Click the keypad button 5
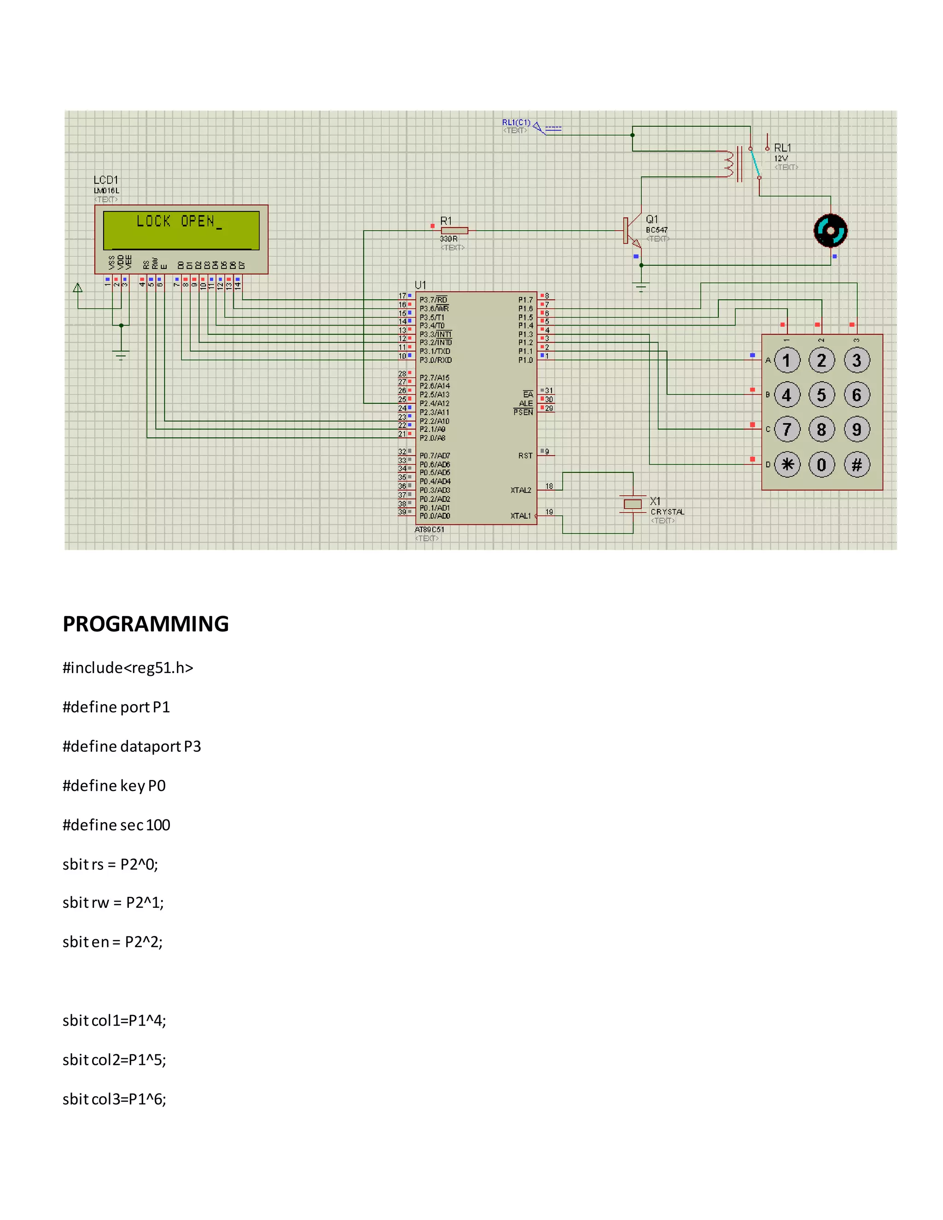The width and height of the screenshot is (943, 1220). pyautogui.click(x=821, y=395)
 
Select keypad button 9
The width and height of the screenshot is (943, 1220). pyautogui.click(x=856, y=430)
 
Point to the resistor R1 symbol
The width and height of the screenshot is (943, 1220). pyautogui.click(x=454, y=231)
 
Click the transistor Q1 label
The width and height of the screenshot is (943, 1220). pyautogui.click(x=652, y=220)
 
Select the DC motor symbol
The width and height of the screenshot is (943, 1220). pyautogui.click(x=830, y=231)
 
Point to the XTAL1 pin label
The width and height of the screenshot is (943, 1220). pyautogui.click(x=521, y=516)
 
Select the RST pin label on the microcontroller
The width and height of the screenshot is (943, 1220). pyautogui.click(x=525, y=456)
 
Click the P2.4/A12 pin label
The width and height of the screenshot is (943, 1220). pyautogui.click(x=435, y=403)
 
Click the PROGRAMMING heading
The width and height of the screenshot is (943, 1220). pyautogui.click(x=146, y=624)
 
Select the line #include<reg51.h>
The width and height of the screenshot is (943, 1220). pyautogui.click(x=128, y=668)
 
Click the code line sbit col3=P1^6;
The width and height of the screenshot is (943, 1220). pyautogui.click(x=115, y=1099)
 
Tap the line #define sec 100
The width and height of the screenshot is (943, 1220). pyautogui.click(x=116, y=825)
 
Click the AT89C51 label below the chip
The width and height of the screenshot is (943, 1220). pyautogui.click(x=430, y=529)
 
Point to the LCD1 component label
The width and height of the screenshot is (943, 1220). pyautogui.click(x=105, y=180)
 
